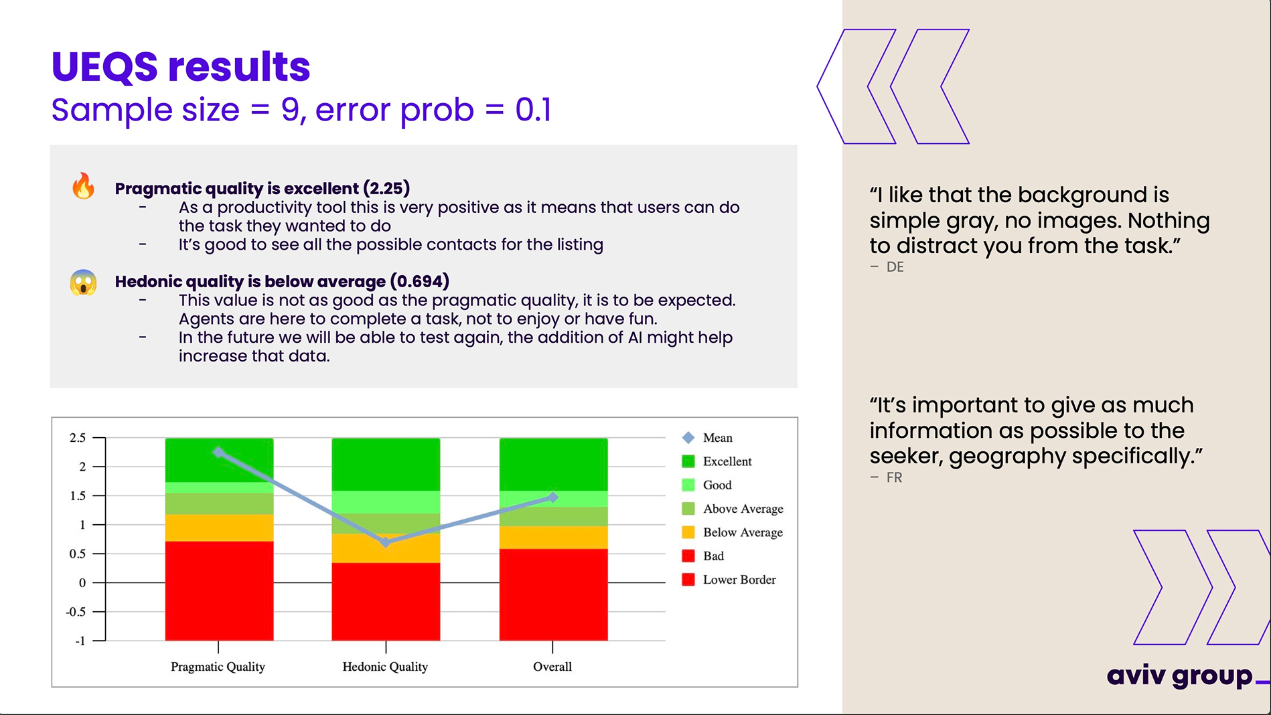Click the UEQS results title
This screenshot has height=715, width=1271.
pyautogui.click(x=181, y=67)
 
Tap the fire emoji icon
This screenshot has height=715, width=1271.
pyautogui.click(x=84, y=186)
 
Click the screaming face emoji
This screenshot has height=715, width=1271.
pyautogui.click(x=84, y=283)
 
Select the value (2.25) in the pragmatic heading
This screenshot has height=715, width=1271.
pyautogui.click(x=386, y=189)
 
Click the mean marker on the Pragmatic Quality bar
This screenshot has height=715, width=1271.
pyautogui.click(x=218, y=452)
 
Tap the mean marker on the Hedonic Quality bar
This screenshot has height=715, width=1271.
pyautogui.click(x=386, y=542)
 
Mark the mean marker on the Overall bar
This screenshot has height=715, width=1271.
pyautogui.click(x=553, y=497)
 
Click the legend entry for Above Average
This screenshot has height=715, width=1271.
pyautogui.click(x=742, y=509)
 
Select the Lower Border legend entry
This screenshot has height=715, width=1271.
pyautogui.click(x=739, y=580)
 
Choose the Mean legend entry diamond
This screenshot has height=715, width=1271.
pyautogui.click(x=688, y=438)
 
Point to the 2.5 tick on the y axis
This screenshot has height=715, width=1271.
pyautogui.click(x=78, y=438)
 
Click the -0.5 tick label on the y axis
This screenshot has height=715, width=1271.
pyautogui.click(x=76, y=612)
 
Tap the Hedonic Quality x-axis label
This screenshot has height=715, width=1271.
pyautogui.click(x=385, y=667)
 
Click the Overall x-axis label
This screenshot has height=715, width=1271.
pyautogui.click(x=552, y=667)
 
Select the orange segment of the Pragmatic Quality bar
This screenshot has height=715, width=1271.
pyautogui.click(x=219, y=528)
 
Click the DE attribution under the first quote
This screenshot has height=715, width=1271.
pyautogui.click(x=895, y=267)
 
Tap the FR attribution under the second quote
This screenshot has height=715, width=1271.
pyautogui.click(x=894, y=478)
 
